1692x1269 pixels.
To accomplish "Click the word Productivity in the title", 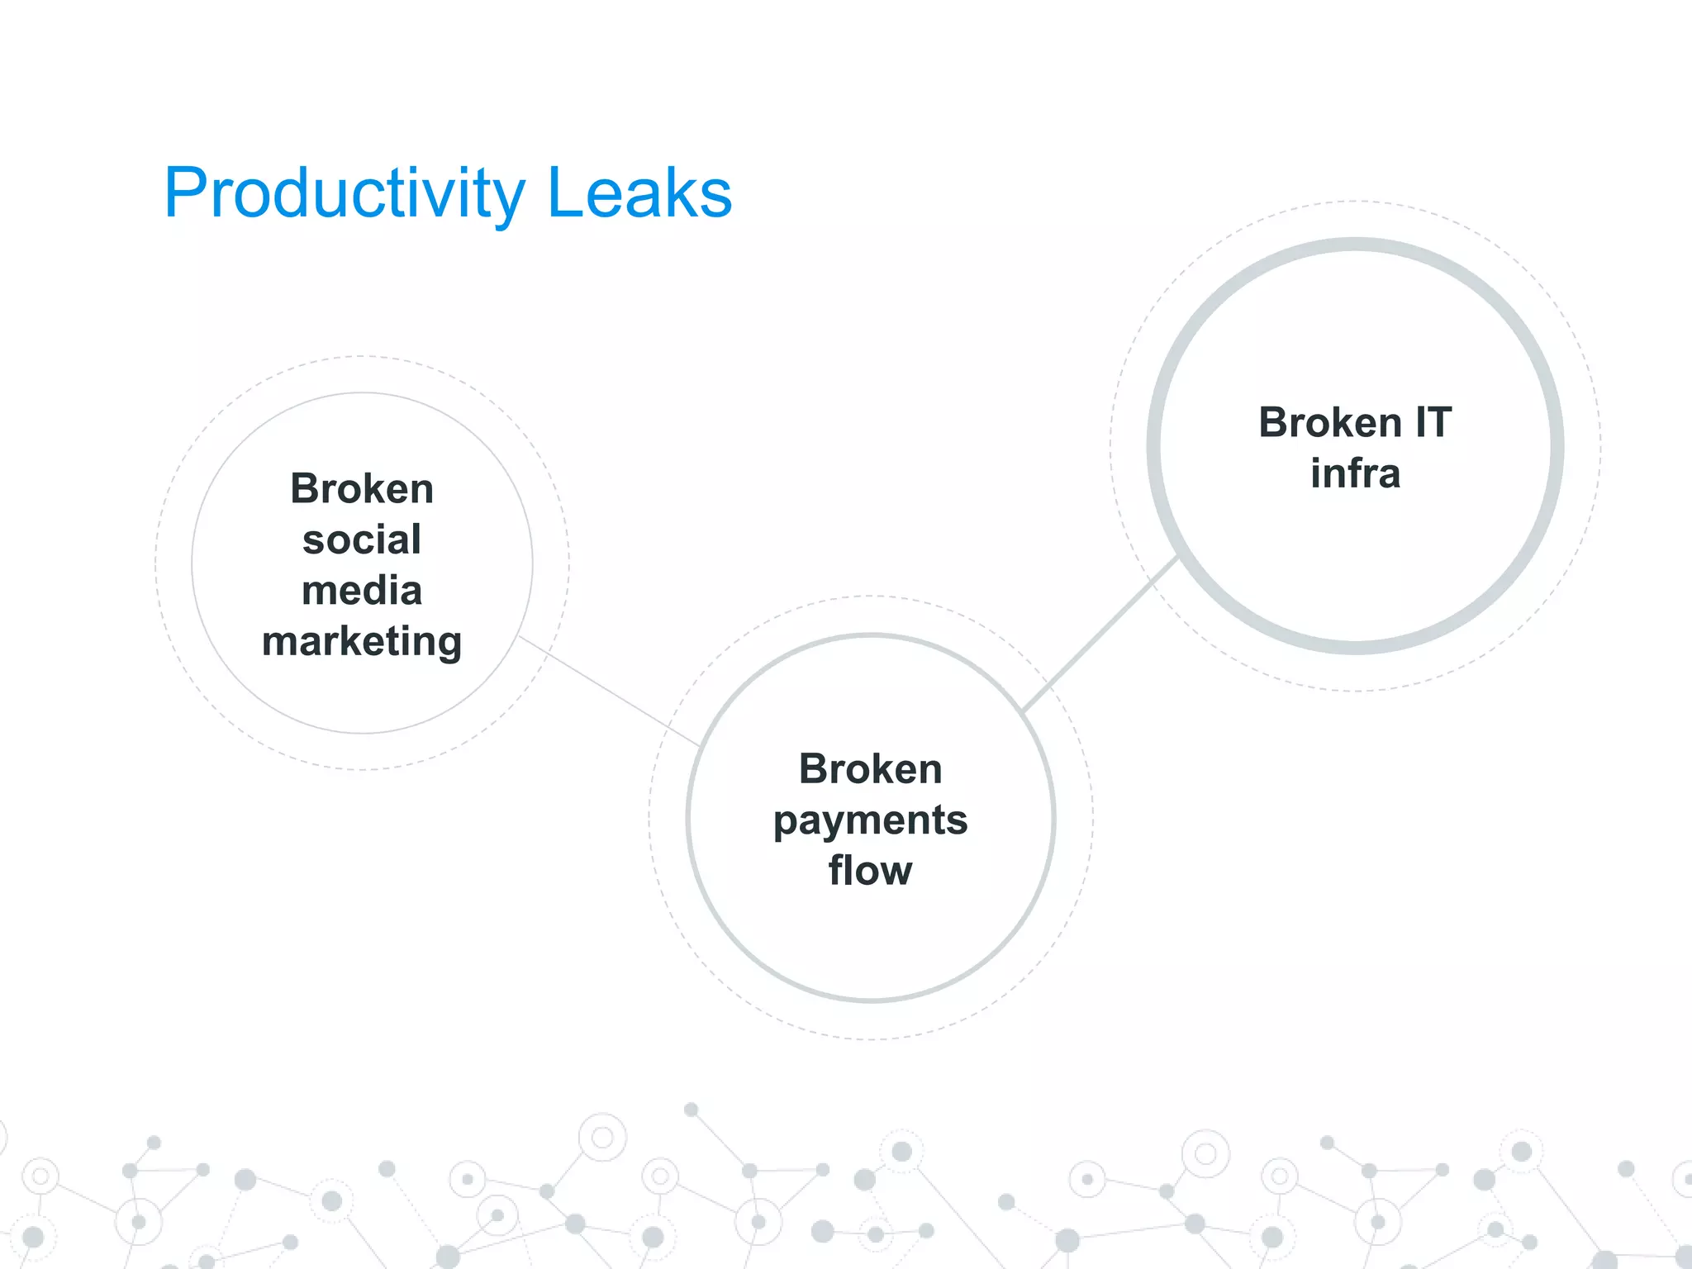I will [344, 193].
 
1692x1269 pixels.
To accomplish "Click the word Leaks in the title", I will [639, 193].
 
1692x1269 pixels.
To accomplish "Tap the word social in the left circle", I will [362, 540].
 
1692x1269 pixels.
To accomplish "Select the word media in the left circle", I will [362, 591].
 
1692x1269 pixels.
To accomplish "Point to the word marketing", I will [362, 642].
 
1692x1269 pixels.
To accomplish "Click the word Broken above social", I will [362, 489].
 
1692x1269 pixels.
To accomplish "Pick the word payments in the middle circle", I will [870, 820].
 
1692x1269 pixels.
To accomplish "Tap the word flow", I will [870, 871].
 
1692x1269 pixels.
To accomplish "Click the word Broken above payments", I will [870, 769].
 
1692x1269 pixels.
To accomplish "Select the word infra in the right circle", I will [1355, 473].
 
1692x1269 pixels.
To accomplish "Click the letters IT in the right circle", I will [1433, 423].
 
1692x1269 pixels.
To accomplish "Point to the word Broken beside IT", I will [1330, 423].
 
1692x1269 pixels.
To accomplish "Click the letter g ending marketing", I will [447, 644].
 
